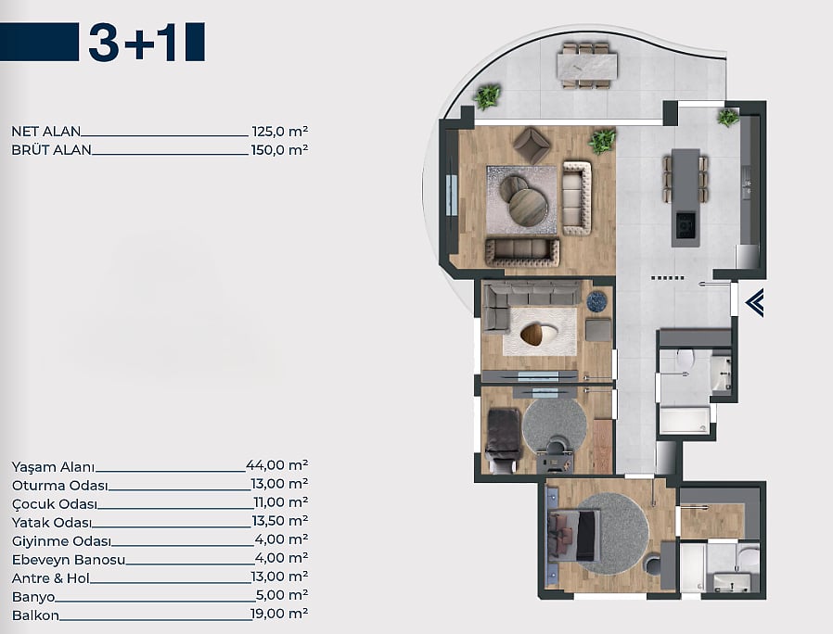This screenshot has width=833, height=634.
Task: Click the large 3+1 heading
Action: pyautogui.click(x=133, y=42)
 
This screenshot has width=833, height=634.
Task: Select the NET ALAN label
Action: pyautogui.click(x=46, y=131)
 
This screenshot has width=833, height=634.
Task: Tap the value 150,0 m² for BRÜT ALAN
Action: pyautogui.click(x=279, y=150)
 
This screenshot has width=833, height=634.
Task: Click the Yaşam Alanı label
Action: pyautogui.click(x=53, y=467)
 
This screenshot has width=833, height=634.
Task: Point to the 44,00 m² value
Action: pyautogui.click(x=276, y=465)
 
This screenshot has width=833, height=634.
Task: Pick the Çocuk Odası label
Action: pyautogui.click(x=55, y=504)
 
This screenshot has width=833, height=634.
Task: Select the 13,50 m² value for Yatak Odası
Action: pyautogui.click(x=280, y=521)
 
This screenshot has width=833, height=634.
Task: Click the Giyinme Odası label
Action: pyautogui.click(x=61, y=541)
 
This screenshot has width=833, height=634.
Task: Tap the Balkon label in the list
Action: pyautogui.click(x=35, y=615)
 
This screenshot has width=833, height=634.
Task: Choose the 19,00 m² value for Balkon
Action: pyautogui.click(x=279, y=614)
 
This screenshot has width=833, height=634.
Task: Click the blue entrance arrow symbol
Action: pyautogui.click(x=755, y=303)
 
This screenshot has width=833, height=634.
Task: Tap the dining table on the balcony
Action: pyautogui.click(x=587, y=66)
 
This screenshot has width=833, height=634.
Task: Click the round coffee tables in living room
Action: pyautogui.click(x=523, y=199)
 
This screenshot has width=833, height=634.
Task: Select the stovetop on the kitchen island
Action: pyautogui.click(x=686, y=225)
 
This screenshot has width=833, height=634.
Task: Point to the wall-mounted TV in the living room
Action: pyautogui.click(x=452, y=195)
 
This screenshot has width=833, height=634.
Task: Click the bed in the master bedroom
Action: pyautogui.click(x=574, y=535)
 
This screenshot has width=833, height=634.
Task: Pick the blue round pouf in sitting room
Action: pyautogui.click(x=596, y=301)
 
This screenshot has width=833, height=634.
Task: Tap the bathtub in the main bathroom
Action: pyautogui.click(x=685, y=421)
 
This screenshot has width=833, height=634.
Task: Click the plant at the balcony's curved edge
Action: pyautogui.click(x=488, y=96)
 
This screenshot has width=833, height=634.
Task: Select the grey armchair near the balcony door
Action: pyautogui.click(x=532, y=144)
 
